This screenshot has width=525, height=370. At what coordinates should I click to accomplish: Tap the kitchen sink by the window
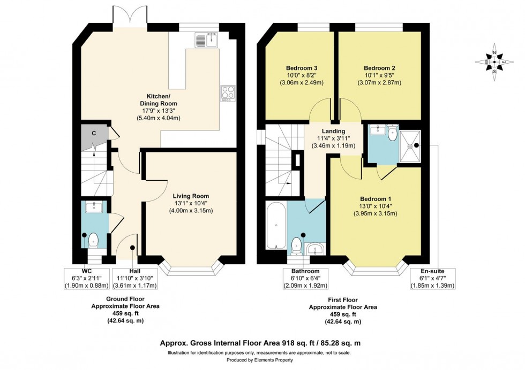206,40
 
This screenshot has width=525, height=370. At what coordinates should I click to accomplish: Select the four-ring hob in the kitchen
227,93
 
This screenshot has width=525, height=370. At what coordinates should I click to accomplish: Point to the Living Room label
191,196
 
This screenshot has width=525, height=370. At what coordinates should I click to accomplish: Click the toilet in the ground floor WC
93,240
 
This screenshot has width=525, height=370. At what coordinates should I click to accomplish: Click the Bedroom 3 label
302,68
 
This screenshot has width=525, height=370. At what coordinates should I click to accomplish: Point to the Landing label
333,131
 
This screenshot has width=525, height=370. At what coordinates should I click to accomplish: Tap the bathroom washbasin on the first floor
316,248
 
